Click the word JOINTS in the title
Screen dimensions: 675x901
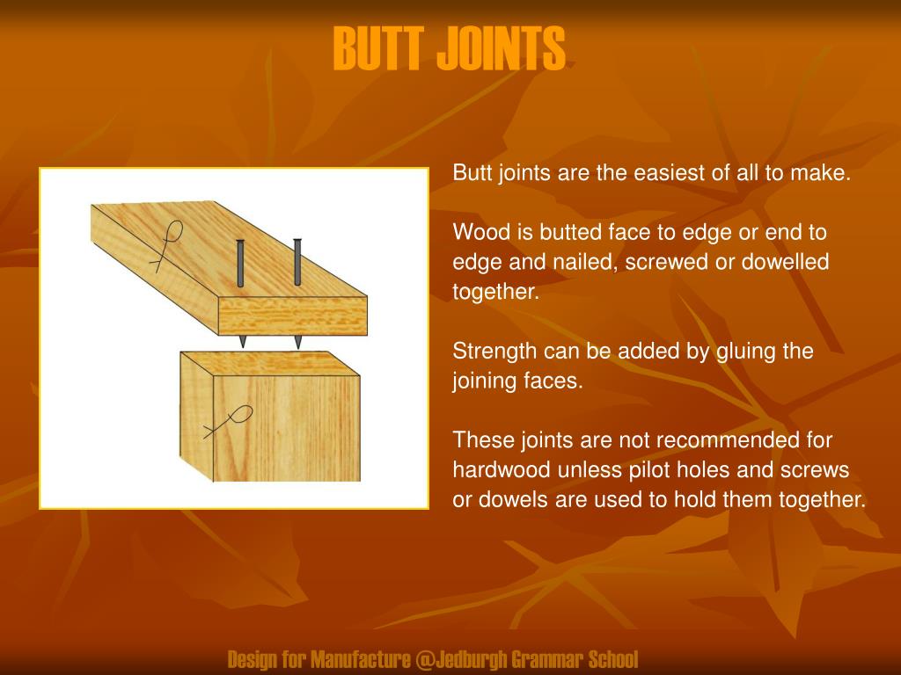click(x=501, y=49)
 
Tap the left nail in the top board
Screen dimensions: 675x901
click(x=240, y=263)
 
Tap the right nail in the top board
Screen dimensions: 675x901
click(x=297, y=262)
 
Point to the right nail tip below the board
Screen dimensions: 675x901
click(x=298, y=341)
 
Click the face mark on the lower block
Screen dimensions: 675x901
click(x=230, y=422)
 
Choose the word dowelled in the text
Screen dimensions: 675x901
click(x=787, y=263)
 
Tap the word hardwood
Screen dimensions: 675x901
click(x=502, y=470)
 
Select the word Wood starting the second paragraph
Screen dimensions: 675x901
click(x=478, y=233)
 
